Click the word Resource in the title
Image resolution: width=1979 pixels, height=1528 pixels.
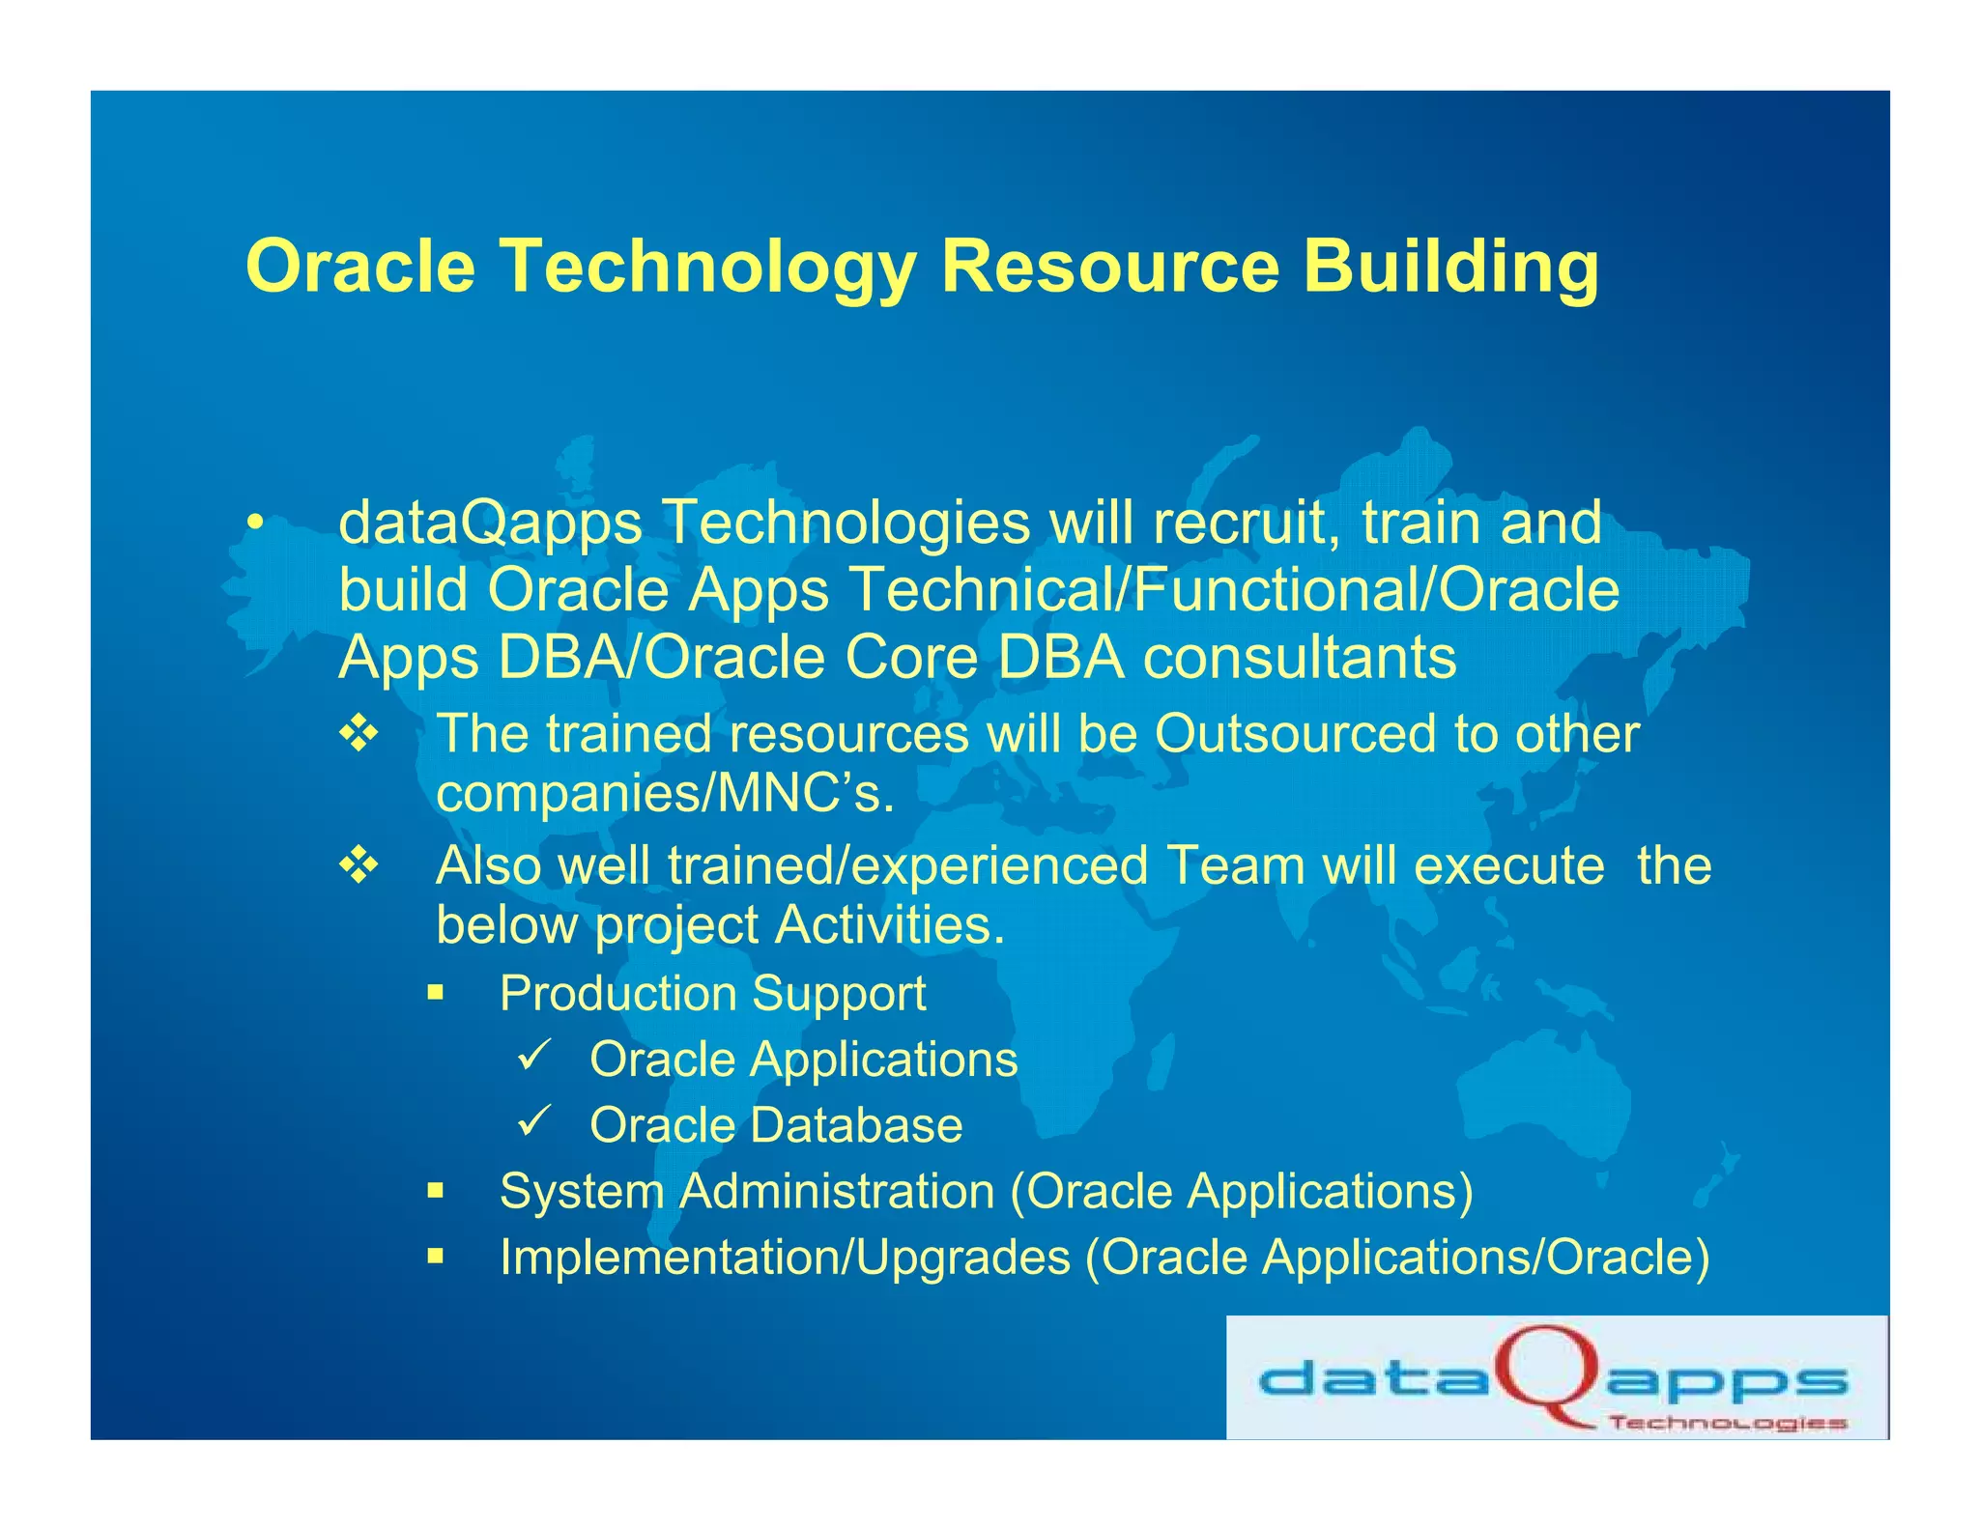(x=1109, y=266)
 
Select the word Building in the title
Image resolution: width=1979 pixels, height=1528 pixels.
(x=1450, y=266)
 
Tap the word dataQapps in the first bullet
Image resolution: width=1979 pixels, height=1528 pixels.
(x=490, y=523)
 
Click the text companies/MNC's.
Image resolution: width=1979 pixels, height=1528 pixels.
(x=665, y=794)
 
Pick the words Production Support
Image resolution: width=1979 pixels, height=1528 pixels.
(x=712, y=994)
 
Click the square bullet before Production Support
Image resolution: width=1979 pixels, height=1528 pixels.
(x=436, y=993)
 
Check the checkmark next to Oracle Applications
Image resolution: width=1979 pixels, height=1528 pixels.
(x=533, y=1055)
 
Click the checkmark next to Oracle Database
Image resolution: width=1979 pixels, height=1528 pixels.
(x=533, y=1120)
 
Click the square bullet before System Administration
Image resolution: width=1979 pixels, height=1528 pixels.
(x=436, y=1191)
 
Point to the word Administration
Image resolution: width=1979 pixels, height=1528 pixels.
(x=837, y=1191)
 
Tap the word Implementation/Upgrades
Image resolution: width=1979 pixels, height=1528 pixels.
(x=785, y=1258)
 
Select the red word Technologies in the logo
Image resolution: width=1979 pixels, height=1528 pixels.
(x=1727, y=1423)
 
